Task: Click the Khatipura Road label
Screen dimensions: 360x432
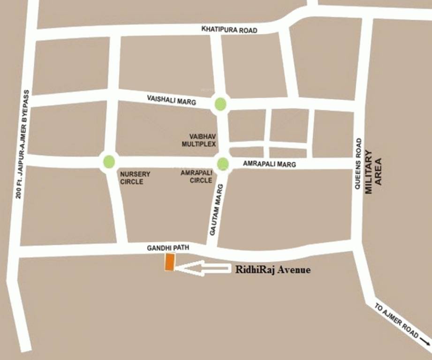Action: coord(229,30)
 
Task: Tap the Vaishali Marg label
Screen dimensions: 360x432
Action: coord(171,99)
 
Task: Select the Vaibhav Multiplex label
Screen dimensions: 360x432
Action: coord(199,140)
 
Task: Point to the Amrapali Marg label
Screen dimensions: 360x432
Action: coord(269,164)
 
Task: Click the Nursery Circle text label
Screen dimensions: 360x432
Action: coord(135,178)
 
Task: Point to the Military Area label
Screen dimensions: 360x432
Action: coord(373,167)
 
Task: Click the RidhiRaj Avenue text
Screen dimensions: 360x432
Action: coord(273,270)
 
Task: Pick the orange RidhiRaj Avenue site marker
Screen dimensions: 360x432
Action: coord(169,262)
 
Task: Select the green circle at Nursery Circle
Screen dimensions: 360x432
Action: coord(109,162)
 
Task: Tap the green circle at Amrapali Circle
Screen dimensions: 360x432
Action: coord(223,164)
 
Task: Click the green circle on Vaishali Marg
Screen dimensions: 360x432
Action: coord(220,104)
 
